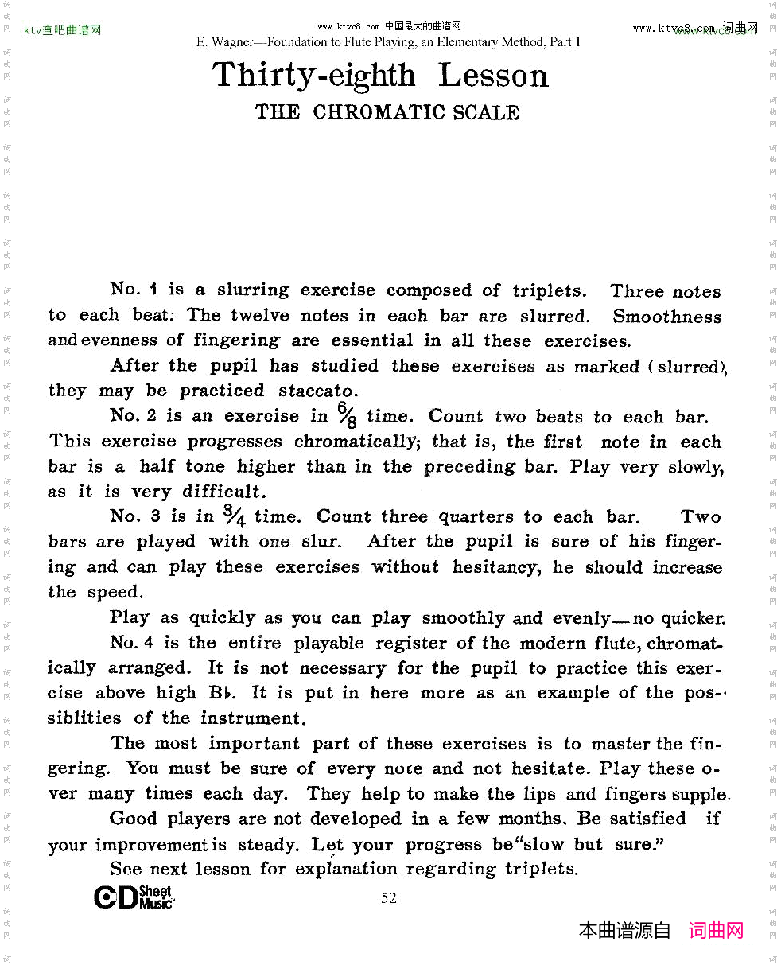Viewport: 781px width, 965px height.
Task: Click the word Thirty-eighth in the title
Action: coord(313,76)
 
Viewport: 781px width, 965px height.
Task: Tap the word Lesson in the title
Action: coord(493,76)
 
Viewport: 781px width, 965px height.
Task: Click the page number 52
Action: coord(389,898)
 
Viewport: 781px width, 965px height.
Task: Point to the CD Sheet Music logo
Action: coord(133,897)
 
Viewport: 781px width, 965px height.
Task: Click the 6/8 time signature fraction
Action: coord(346,414)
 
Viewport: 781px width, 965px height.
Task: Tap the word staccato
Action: coord(318,391)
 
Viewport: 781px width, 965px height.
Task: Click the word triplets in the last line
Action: coord(541,868)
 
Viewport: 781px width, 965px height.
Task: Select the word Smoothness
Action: coord(666,316)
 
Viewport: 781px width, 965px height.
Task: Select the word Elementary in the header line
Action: coord(472,42)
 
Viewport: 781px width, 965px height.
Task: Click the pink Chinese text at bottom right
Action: coord(716,930)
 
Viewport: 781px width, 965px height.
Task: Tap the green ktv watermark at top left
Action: coord(62,31)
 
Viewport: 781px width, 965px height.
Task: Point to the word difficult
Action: coord(221,491)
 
